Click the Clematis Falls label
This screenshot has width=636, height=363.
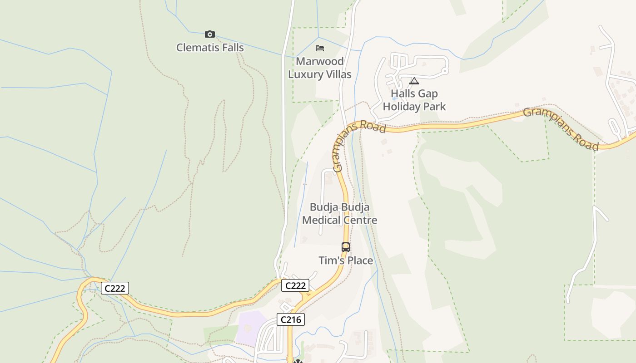[x=210, y=48]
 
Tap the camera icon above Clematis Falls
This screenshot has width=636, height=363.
[x=209, y=34]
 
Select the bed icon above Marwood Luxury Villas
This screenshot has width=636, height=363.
[x=320, y=48]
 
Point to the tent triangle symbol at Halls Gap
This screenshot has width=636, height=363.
[x=414, y=81]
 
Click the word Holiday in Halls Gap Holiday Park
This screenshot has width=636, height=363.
[x=399, y=107]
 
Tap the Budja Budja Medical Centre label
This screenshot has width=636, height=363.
[x=339, y=214]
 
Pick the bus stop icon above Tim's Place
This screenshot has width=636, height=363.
[x=346, y=247]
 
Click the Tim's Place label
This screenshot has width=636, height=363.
[x=346, y=260]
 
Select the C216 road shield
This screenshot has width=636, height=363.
[x=291, y=319]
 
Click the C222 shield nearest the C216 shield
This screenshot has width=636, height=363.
[x=295, y=285]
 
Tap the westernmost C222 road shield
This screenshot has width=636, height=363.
[x=115, y=288]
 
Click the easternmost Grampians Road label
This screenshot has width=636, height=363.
[x=561, y=128]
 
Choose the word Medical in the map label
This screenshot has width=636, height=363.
[x=322, y=221]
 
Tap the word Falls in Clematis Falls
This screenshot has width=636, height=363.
[x=230, y=48]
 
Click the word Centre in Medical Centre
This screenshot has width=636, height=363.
[x=360, y=221]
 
